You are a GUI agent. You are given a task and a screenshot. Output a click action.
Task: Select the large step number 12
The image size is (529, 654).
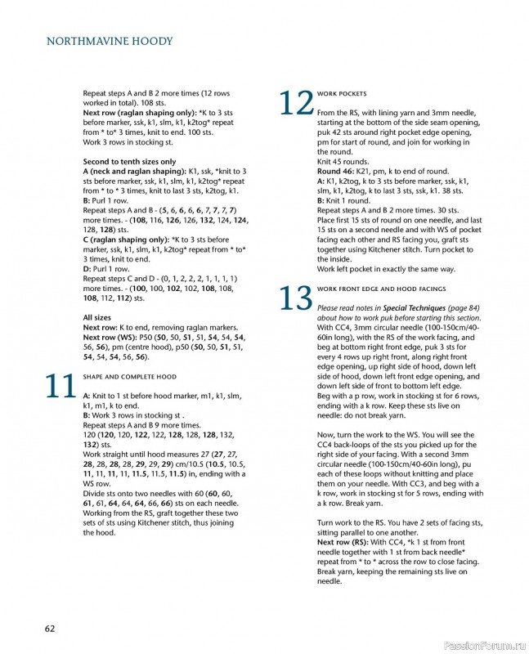pos(295,105)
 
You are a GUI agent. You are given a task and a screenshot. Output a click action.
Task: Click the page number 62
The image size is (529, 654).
pos(50,628)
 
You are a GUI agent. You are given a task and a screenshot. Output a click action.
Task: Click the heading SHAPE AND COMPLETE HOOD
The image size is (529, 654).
pos(130,377)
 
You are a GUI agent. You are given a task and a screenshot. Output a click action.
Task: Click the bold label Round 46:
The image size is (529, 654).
pos(338,171)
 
